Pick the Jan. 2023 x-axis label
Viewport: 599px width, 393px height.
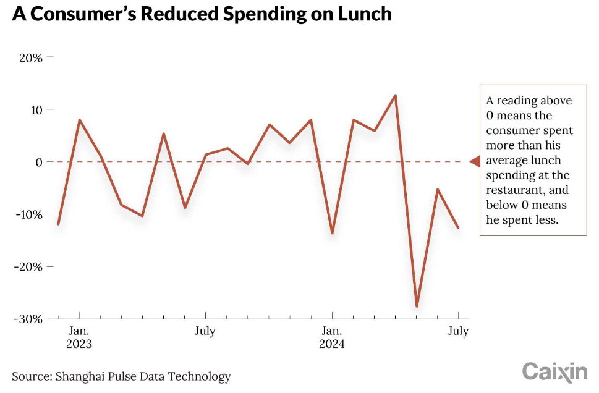point(79,337)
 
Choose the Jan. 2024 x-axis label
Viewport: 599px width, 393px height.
point(332,337)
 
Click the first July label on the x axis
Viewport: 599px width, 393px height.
point(205,331)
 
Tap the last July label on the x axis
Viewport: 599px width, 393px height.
point(458,331)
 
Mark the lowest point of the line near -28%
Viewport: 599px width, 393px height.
point(417,306)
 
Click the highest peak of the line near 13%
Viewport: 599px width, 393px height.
point(395,95)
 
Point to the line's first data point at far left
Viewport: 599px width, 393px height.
point(58,224)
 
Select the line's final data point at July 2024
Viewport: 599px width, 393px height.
point(458,227)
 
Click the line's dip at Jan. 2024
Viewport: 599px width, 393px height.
point(332,233)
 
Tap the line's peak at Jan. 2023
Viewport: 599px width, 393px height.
point(79,120)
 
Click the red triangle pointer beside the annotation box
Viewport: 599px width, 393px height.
point(475,162)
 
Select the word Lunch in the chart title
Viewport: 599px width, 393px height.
point(365,14)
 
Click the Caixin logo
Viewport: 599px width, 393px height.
point(554,371)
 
